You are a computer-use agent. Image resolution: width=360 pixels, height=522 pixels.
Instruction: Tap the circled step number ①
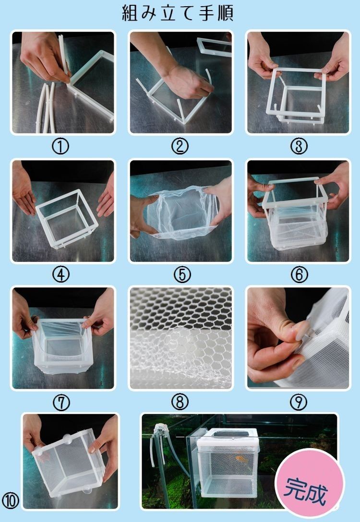coord(60,146)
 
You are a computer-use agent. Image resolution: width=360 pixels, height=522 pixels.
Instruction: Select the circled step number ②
coord(180,146)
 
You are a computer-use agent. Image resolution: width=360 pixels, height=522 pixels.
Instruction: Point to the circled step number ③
coord(299,146)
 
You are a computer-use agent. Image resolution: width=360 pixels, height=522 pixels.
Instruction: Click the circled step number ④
coord(61,275)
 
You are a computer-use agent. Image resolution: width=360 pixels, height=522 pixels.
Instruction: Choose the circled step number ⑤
coord(182,275)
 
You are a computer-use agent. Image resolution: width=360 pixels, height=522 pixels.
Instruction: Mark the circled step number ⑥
coord(300,275)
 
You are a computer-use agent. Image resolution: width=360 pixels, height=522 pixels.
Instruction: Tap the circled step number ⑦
coord(61,403)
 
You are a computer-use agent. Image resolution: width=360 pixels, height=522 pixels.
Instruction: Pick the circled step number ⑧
coord(180,403)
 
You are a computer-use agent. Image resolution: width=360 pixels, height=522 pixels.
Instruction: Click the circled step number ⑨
coord(299,403)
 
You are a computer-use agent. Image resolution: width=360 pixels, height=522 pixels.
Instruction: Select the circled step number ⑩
coord(11,500)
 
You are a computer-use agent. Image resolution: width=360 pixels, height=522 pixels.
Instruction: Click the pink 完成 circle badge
coord(310,484)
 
